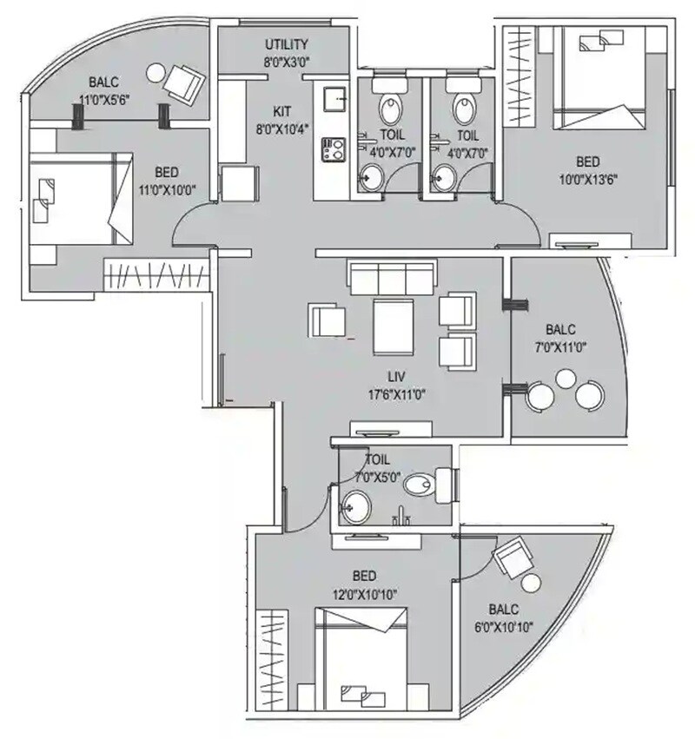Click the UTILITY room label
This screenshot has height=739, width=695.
287,44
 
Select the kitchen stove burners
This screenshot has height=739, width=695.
332,149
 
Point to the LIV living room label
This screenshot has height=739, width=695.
400,377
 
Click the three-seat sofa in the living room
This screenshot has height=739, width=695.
392,279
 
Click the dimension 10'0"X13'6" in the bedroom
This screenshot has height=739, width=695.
588,180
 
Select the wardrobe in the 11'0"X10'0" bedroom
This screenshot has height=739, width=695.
156,276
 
